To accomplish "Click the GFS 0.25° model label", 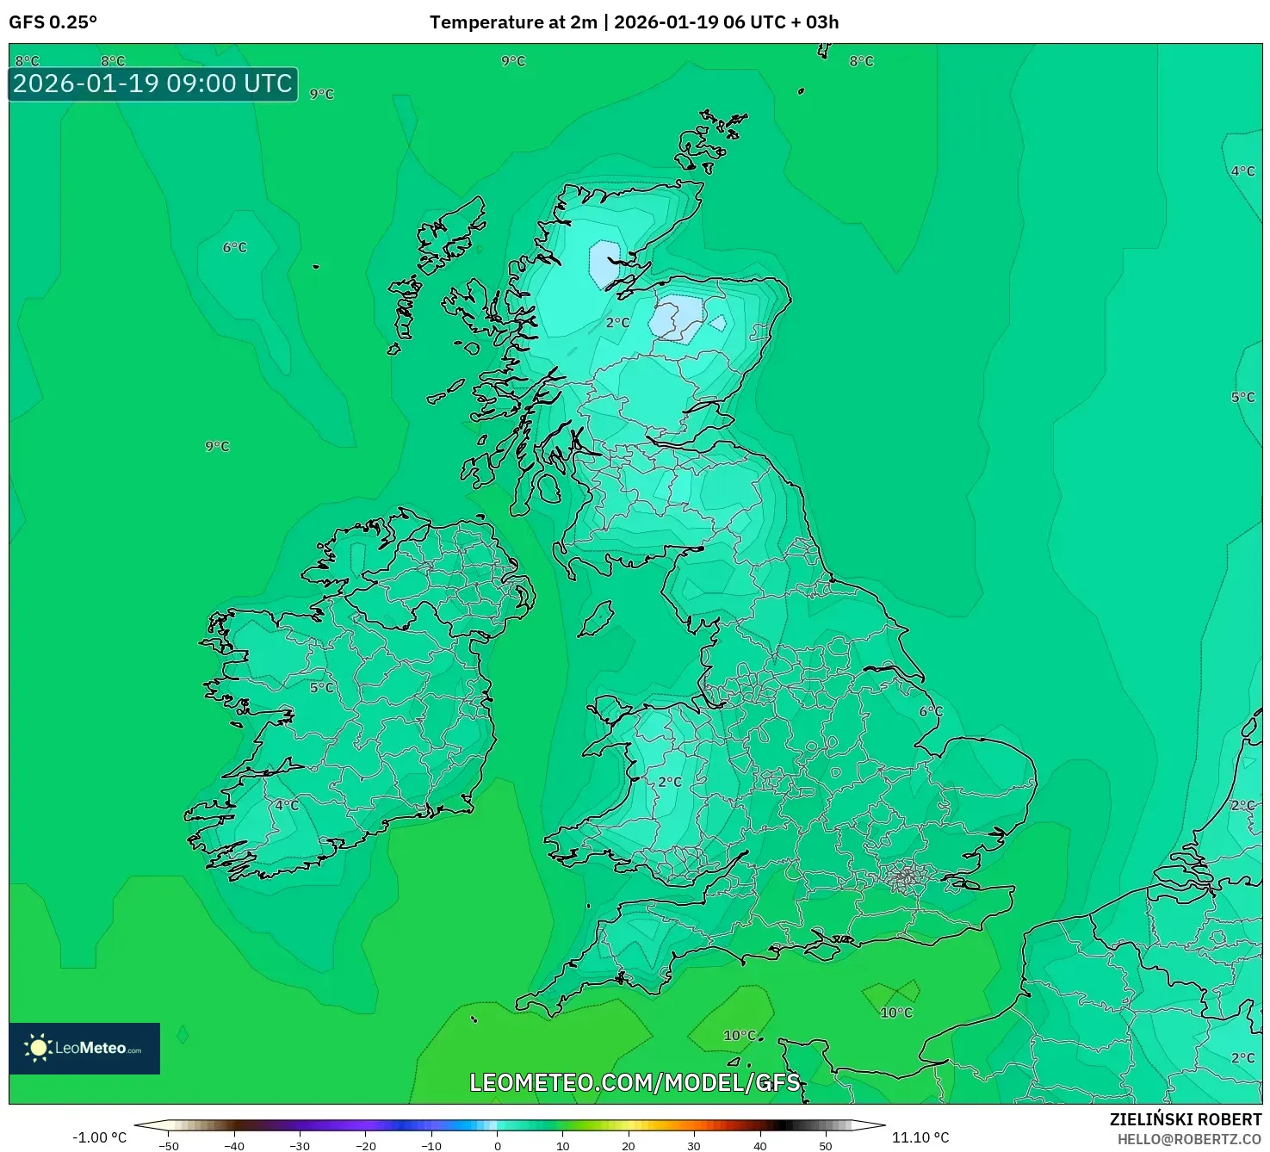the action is [x=53, y=22].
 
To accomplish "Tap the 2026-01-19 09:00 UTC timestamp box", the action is [x=153, y=84].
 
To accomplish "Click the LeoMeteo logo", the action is [x=84, y=1048].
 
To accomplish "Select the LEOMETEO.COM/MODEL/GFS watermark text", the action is [x=635, y=1082].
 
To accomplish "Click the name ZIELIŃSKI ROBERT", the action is [x=1185, y=1119].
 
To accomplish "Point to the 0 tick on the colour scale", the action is [x=498, y=1145].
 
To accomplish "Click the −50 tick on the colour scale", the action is [x=169, y=1145].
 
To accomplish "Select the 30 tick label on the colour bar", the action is [x=694, y=1145].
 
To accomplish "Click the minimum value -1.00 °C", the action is [x=99, y=1137].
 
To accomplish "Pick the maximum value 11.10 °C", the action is [x=920, y=1137].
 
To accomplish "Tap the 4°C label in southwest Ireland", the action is [x=287, y=805].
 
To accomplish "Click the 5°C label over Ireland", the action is [x=322, y=687].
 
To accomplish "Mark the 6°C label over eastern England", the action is [x=931, y=711].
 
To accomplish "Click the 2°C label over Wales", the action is [x=670, y=782].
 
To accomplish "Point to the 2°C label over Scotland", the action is [x=617, y=323].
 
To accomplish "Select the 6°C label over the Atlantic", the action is [x=235, y=247].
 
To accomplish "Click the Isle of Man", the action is [x=597, y=618].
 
